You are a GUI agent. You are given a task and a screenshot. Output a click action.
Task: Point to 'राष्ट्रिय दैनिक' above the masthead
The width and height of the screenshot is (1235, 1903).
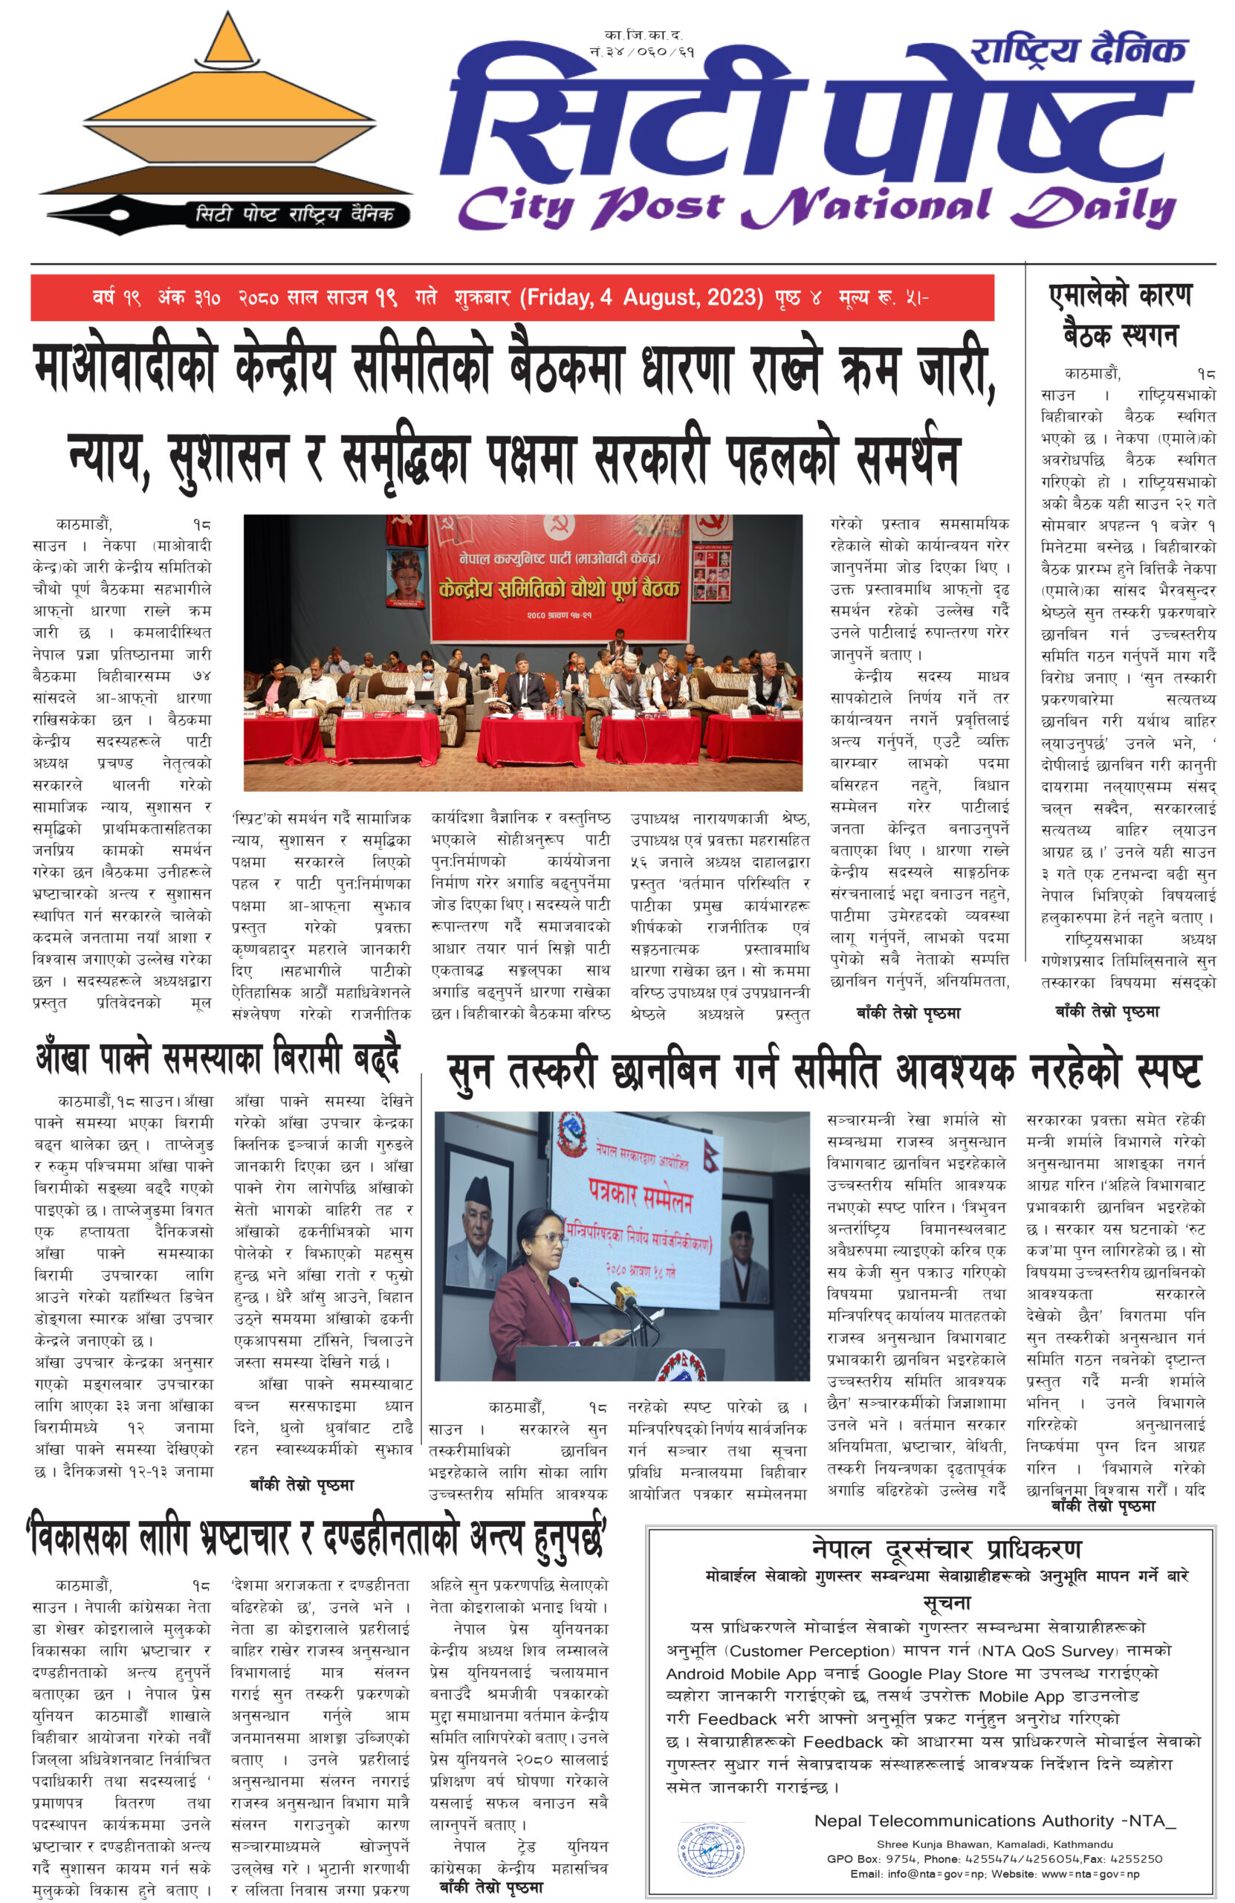tap(1077, 51)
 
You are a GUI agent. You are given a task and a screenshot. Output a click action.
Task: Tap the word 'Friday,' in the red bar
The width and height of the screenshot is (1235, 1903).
tap(557, 297)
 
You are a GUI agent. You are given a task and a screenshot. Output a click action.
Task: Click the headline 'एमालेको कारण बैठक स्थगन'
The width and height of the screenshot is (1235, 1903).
tap(1120, 314)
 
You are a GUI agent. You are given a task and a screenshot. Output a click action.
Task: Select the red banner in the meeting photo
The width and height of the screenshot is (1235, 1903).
tap(559, 578)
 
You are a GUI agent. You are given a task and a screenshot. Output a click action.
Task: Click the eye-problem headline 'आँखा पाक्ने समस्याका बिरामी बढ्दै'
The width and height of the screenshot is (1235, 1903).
tap(218, 1059)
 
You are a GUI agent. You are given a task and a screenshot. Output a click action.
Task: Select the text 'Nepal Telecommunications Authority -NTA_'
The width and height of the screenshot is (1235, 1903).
tap(994, 1820)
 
